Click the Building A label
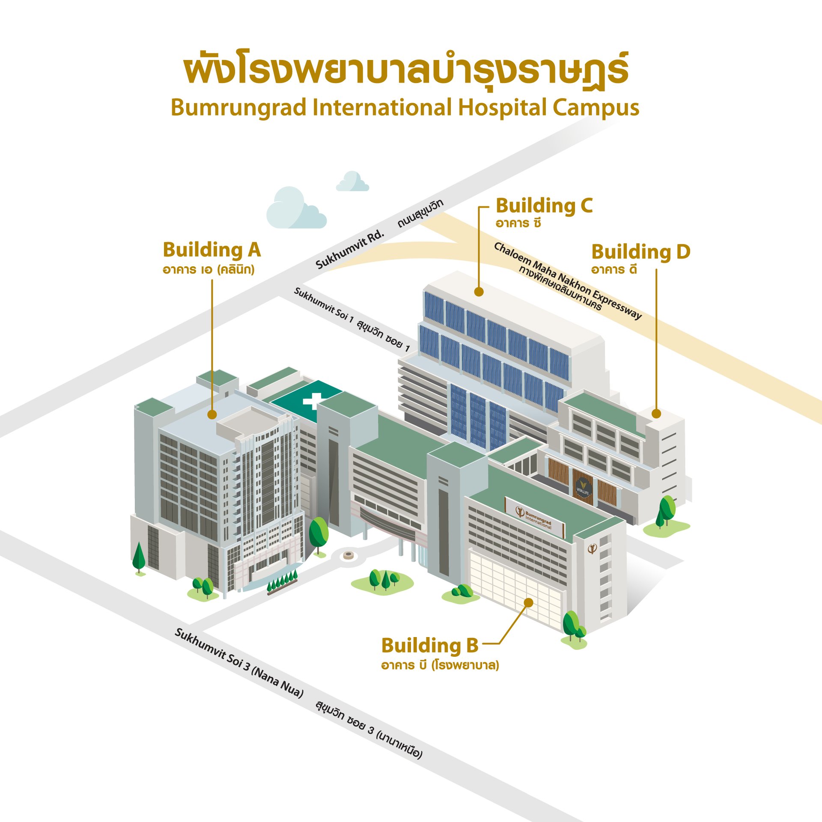pos(211,250)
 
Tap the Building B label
pos(429,646)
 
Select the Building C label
pos(544,206)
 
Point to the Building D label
pos(640,252)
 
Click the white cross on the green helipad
pos(313,401)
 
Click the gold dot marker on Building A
pos(212,414)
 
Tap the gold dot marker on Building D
pos(656,414)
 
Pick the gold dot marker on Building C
pos(479,292)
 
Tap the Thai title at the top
pos(405,71)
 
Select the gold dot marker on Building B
pos(529,603)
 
